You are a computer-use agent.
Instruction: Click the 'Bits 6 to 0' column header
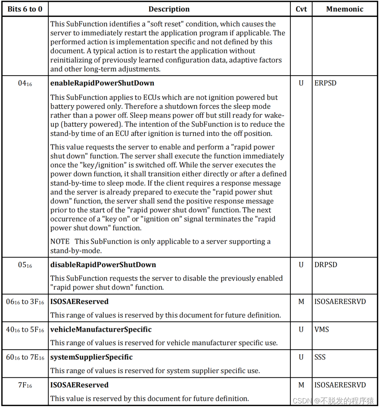tap(25, 9)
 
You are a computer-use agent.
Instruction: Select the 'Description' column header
tap(169, 9)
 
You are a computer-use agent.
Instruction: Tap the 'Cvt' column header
tap(301, 9)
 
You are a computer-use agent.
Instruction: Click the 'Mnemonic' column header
tap(345, 9)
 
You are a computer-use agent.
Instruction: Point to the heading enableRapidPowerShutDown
tap(102, 83)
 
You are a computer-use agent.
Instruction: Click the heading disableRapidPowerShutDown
tap(103, 265)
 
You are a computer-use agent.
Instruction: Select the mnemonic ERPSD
tap(325, 83)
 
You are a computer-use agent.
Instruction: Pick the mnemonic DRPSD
tap(325, 265)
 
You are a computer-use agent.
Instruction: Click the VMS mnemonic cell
tap(322, 329)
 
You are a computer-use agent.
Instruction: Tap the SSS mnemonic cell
tap(320, 357)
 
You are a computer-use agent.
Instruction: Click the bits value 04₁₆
tap(25, 83)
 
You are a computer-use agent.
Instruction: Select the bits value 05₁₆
tap(25, 265)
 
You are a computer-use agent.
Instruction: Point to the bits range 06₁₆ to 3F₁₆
tap(25, 302)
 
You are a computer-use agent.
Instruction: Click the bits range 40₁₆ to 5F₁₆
tap(25, 330)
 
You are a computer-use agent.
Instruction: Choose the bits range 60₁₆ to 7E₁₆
tap(25, 357)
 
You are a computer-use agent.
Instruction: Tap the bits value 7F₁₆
tap(25, 385)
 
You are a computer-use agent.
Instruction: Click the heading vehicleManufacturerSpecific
tap(101, 329)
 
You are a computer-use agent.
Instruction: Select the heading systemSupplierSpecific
tap(92, 357)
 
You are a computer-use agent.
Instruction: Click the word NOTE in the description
tap(60, 241)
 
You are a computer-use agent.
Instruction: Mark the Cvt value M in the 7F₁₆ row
tap(301, 385)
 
